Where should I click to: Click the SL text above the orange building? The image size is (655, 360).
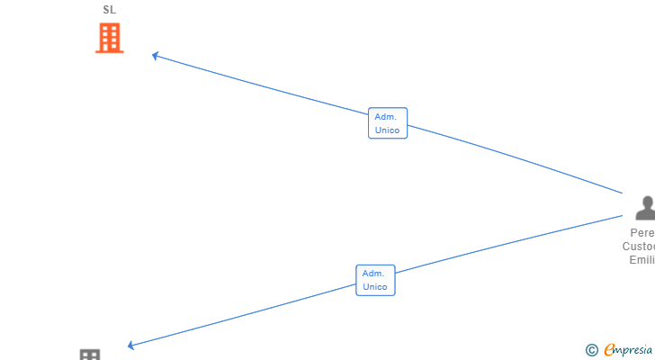109,10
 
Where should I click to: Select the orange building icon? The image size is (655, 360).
109,38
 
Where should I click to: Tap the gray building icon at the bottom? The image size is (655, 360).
90,355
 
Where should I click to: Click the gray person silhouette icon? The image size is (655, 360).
644,208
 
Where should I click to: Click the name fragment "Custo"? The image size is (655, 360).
638,247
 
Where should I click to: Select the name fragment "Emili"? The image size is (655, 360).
642,260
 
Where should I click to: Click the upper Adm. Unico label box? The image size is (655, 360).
388,123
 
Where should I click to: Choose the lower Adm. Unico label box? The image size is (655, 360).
375,280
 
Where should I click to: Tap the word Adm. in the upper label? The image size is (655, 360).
387,117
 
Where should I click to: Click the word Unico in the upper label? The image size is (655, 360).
388,130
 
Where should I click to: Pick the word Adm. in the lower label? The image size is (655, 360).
374,274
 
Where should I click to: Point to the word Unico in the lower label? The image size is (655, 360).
375,287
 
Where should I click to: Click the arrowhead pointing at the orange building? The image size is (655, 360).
156,56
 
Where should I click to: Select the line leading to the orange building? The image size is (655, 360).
270,88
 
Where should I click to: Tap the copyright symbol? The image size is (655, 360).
591,350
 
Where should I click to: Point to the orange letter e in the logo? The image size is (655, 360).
609,350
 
